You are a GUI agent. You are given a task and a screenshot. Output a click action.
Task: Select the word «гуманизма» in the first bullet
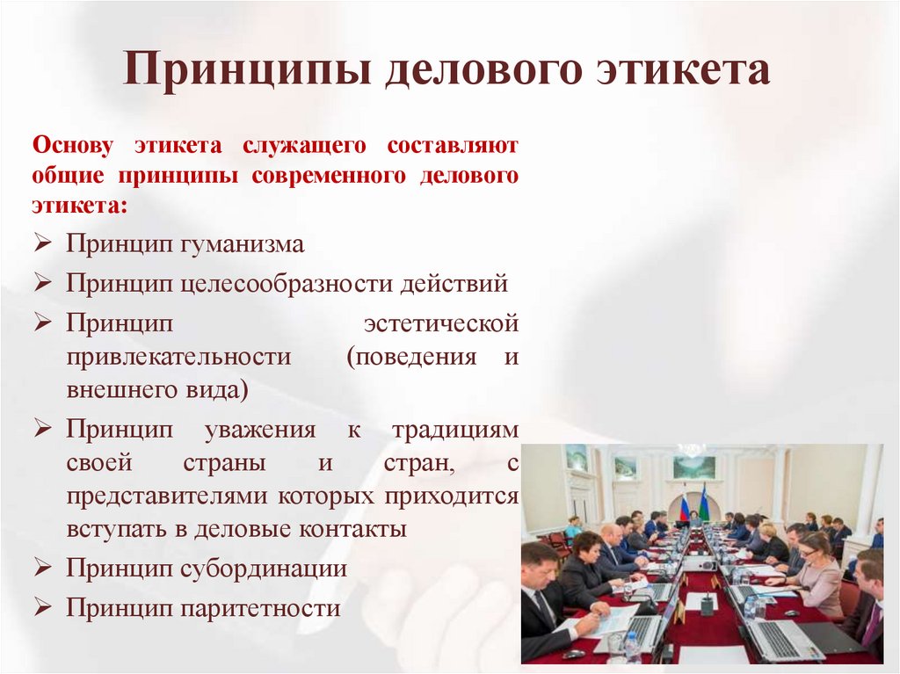pos(243,243)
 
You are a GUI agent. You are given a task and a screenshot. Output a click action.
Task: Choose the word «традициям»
pos(454,430)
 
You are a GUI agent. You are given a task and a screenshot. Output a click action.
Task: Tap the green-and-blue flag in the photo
pos(703,504)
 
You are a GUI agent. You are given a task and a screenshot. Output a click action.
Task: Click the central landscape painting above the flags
pos(693,467)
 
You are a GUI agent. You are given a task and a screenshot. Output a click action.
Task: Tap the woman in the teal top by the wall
pos(573,526)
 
